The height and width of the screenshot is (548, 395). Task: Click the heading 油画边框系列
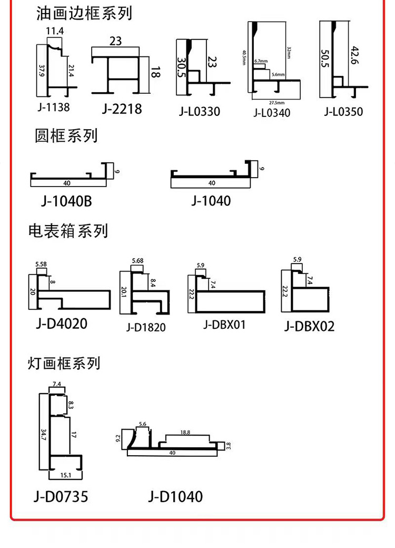pyautogui.click(x=84, y=13)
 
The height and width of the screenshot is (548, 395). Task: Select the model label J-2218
pyautogui.click(x=122, y=109)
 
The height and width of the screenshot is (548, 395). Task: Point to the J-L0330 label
pyautogui.click(x=199, y=112)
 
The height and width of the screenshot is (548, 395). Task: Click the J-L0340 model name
pyautogui.click(x=272, y=112)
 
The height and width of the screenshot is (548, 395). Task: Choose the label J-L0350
pyautogui.click(x=343, y=111)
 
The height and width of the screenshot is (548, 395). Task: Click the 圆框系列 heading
pyautogui.click(x=66, y=136)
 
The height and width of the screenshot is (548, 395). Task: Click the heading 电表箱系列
pyautogui.click(x=68, y=231)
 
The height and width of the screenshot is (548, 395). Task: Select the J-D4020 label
pyautogui.click(x=62, y=323)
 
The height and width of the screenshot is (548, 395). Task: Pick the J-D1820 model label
pyautogui.click(x=146, y=327)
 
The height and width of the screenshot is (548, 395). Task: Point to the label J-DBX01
pyautogui.click(x=224, y=325)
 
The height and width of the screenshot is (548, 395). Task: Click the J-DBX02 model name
pyautogui.click(x=310, y=326)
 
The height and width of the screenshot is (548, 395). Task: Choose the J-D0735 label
pyautogui.click(x=61, y=496)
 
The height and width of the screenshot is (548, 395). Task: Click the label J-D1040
pyautogui.click(x=175, y=496)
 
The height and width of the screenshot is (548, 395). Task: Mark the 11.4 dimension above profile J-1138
pyautogui.click(x=55, y=32)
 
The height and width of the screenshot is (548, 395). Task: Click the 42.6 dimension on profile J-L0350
pyautogui.click(x=353, y=54)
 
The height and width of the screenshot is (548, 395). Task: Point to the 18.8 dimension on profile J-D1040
pyautogui.click(x=185, y=432)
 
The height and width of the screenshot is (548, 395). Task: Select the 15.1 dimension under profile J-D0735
pyautogui.click(x=66, y=476)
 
